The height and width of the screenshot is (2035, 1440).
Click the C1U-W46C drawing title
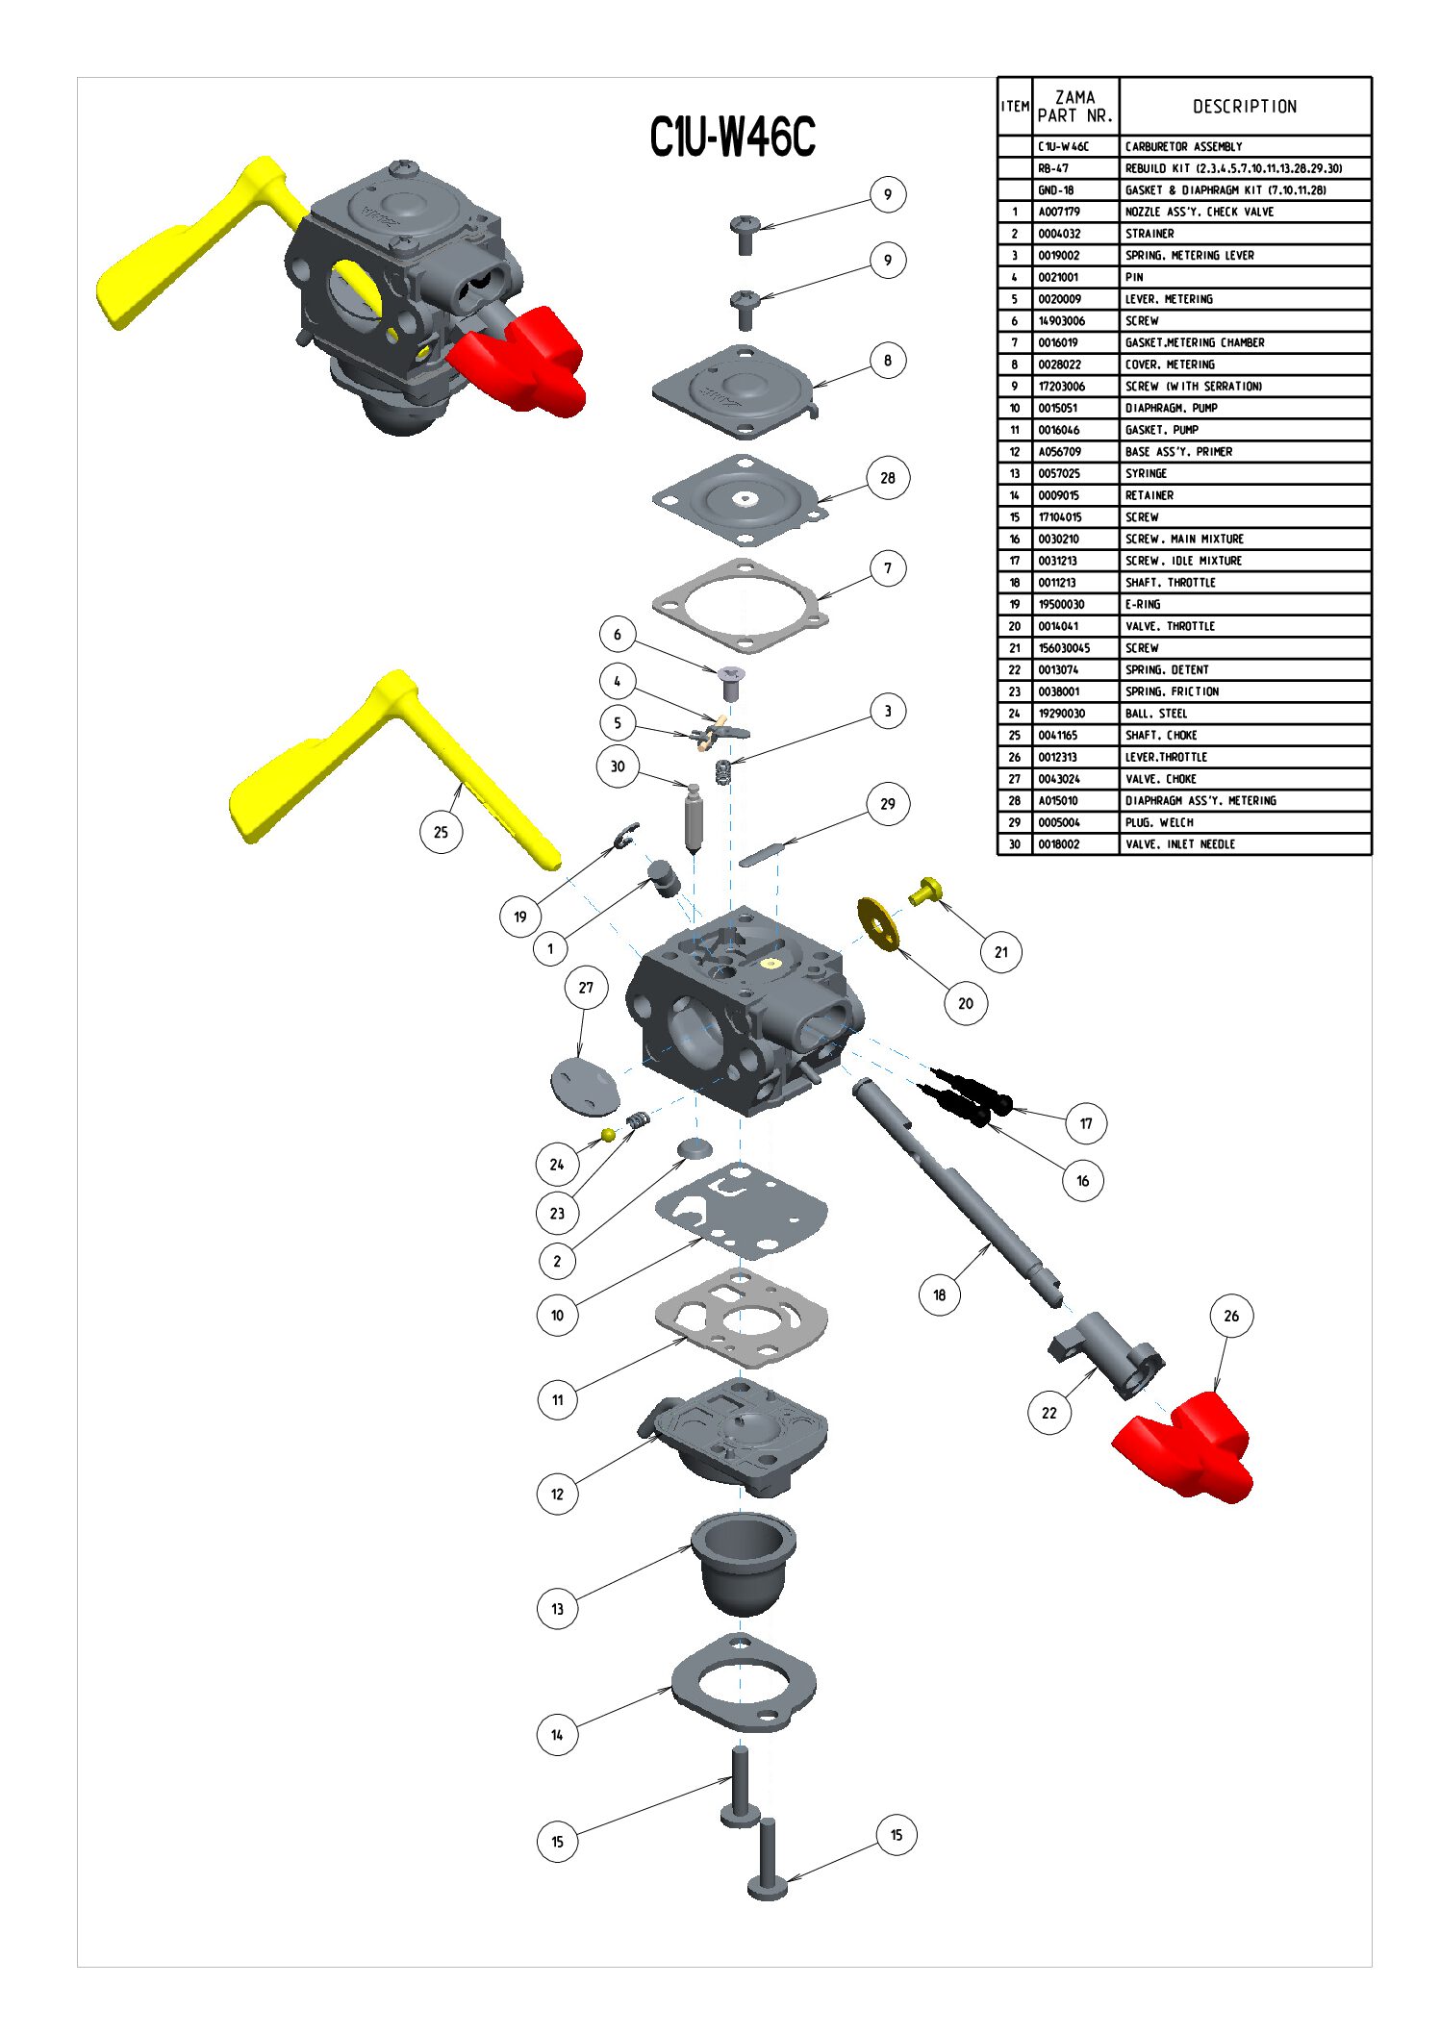732,137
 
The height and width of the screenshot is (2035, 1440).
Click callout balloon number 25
441,832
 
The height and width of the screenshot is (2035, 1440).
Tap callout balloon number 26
1230,1316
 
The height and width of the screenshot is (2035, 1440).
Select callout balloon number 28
887,478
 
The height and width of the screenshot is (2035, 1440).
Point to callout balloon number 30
617,766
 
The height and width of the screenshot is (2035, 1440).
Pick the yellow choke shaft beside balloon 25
385,760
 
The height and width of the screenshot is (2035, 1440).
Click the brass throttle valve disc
877,922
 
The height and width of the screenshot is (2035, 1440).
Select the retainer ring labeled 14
743,1683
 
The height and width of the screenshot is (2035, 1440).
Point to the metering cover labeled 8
736,389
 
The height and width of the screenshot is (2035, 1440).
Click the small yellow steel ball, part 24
608,1135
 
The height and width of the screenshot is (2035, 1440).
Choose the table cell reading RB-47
1053,168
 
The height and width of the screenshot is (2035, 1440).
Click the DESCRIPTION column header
1245,107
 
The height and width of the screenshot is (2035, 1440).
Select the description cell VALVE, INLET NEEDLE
1180,844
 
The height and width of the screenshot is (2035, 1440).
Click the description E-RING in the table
1143,605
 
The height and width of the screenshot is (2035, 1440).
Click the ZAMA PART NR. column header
1075,107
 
